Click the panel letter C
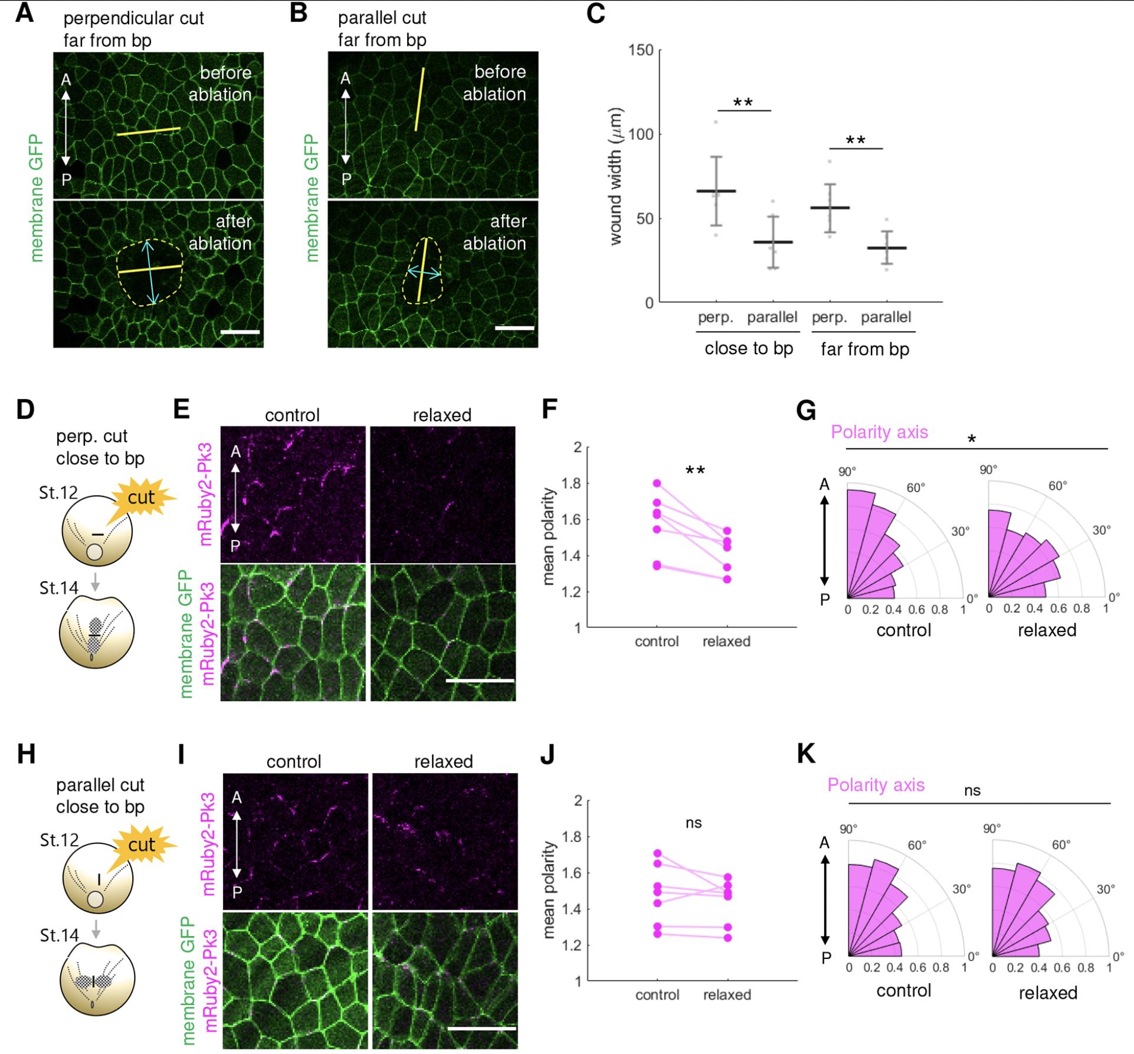click(x=596, y=13)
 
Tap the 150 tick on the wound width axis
click(x=641, y=50)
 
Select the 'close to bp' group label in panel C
click(x=748, y=348)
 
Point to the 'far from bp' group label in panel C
click(x=864, y=349)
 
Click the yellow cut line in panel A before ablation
click(x=148, y=131)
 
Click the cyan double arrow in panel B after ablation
click(x=424, y=272)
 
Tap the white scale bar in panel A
click(x=240, y=332)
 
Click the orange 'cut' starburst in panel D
click(x=141, y=497)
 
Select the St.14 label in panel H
click(x=60, y=935)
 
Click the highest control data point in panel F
click(x=657, y=483)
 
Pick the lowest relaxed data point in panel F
click(x=727, y=579)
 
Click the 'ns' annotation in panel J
click(x=693, y=823)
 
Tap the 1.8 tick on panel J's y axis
click(x=574, y=836)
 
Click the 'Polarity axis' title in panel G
click(x=879, y=432)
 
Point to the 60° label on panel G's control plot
click(x=916, y=487)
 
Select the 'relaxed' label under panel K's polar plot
click(x=1048, y=993)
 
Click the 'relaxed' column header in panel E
click(x=442, y=415)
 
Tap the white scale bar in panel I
click(x=481, y=1028)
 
